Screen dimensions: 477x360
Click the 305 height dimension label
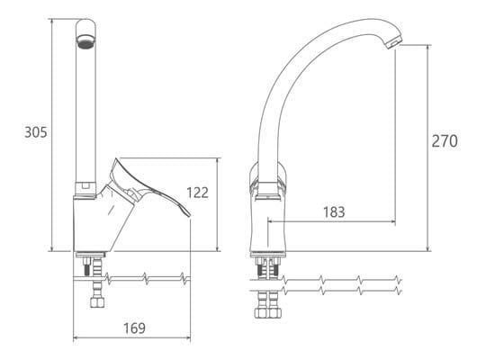click(x=36, y=132)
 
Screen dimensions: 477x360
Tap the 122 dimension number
click(x=197, y=193)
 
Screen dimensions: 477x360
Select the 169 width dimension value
click(x=134, y=328)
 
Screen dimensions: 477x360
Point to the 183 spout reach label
click(x=334, y=212)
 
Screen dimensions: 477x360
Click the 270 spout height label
click(x=445, y=141)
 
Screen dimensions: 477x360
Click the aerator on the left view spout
click(x=85, y=41)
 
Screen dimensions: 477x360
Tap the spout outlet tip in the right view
click(x=395, y=43)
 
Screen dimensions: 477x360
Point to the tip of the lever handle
click(x=190, y=215)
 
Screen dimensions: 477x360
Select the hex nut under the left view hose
click(x=97, y=302)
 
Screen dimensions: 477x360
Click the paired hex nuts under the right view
click(x=268, y=312)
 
